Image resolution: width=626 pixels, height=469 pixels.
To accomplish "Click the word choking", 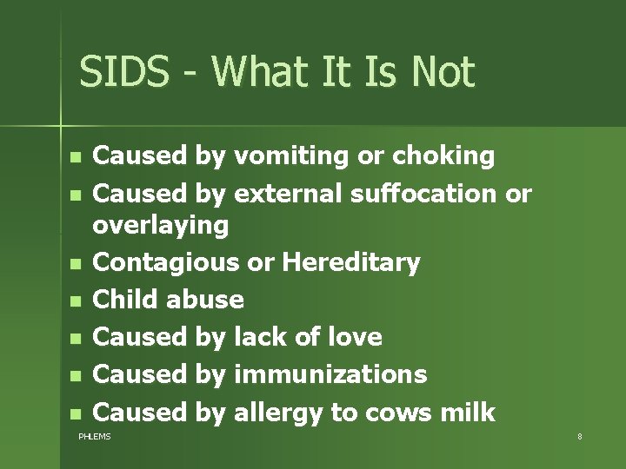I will (443, 156).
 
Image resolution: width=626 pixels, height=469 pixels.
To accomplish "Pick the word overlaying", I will (161, 226).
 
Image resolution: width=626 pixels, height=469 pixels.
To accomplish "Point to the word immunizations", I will (330, 373).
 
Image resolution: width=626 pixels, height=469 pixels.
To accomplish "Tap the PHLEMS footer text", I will (95, 436).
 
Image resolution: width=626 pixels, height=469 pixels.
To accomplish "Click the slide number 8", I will (579, 436).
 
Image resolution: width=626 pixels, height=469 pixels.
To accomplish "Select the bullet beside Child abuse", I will (76, 301).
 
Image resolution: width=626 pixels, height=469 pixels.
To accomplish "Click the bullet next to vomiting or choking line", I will (76, 158).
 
